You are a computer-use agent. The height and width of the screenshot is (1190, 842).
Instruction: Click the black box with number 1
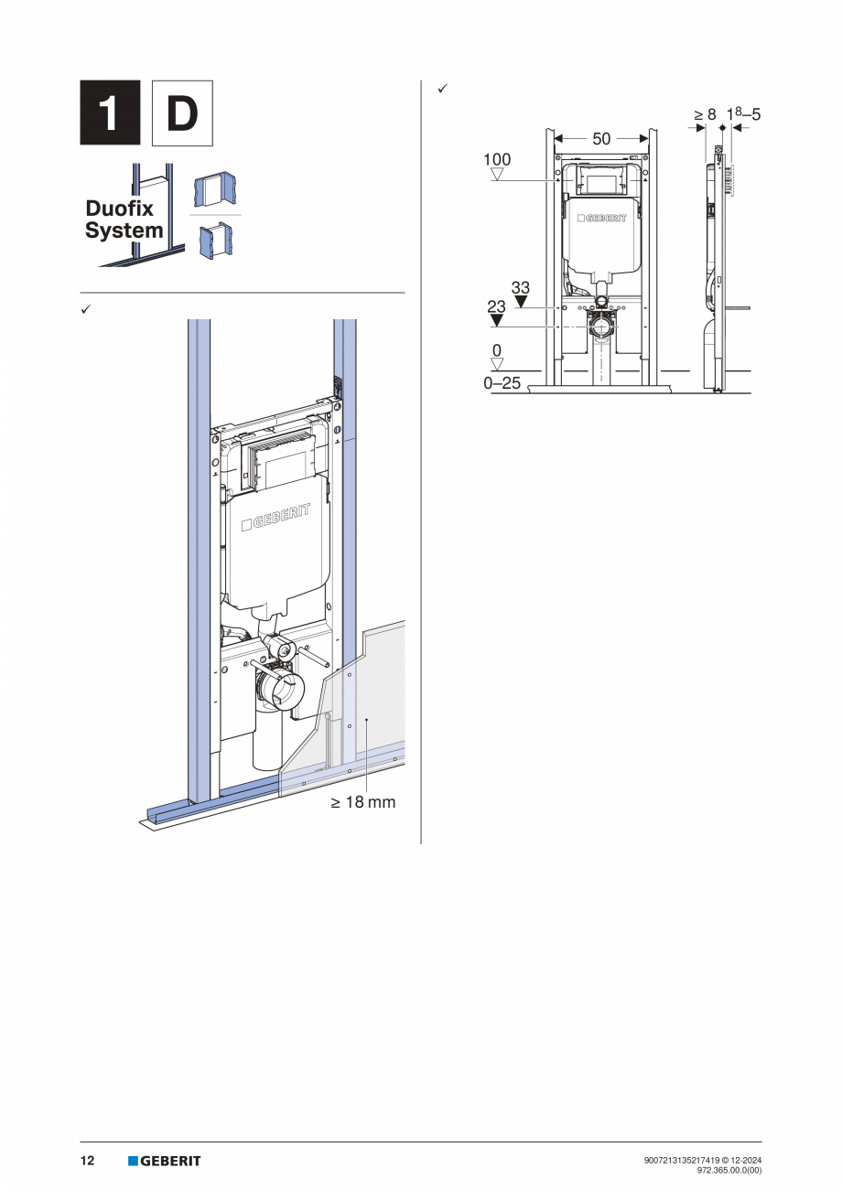[x=110, y=113]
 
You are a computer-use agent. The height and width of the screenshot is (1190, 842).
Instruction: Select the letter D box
[x=181, y=113]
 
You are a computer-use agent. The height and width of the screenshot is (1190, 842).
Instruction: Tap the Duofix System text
[x=124, y=220]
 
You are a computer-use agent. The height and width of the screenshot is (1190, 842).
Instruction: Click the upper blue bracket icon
[x=216, y=189]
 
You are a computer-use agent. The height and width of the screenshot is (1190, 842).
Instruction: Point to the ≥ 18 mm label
[x=363, y=802]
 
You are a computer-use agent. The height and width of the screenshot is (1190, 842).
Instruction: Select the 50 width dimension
[x=600, y=139]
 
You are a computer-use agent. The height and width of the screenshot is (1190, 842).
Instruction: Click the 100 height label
[x=497, y=159]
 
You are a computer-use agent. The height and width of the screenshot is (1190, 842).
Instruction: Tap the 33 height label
[x=520, y=288]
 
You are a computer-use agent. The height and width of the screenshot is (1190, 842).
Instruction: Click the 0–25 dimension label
[x=502, y=383]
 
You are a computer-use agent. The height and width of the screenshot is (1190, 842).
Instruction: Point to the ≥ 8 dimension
[x=704, y=114]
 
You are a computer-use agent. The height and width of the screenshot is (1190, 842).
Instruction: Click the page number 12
[x=88, y=1161]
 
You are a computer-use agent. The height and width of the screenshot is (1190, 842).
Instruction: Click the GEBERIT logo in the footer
[x=165, y=1161]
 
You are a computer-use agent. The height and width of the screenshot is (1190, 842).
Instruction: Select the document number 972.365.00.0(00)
[x=729, y=1169]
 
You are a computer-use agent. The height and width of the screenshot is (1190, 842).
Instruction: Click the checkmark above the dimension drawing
[x=441, y=89]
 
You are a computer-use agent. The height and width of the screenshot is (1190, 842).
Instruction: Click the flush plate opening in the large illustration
[x=281, y=467]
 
